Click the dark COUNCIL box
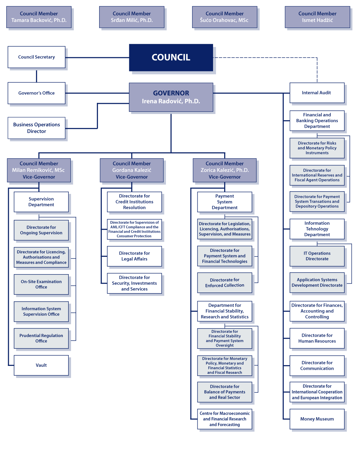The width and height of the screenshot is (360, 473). [x=171, y=57]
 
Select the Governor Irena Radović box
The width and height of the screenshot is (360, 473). [x=171, y=97]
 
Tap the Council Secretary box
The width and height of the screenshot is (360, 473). [x=36, y=57]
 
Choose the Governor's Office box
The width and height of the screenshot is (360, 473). [x=36, y=93]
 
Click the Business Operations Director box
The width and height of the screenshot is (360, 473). [x=36, y=128]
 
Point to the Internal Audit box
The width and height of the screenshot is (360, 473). [x=316, y=93]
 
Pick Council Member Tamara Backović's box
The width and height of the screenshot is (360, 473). [x=39, y=17]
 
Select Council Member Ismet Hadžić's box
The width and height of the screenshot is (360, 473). [x=317, y=17]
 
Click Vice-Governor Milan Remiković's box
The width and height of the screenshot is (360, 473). [x=39, y=170]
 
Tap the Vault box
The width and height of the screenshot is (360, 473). [x=41, y=365]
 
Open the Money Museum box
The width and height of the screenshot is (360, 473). [x=317, y=419]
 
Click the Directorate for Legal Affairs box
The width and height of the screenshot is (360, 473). [x=134, y=256]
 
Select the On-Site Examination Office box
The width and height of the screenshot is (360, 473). [x=41, y=284]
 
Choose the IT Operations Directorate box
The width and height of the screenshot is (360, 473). [x=317, y=256]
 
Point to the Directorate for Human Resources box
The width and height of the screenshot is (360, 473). [x=317, y=338]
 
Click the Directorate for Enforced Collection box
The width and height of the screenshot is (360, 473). [x=225, y=282]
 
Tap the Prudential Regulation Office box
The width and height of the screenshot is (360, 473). [x=41, y=338]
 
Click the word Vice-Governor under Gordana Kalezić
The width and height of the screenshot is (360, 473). [x=132, y=177]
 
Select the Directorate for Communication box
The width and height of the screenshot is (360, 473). [x=317, y=366]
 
